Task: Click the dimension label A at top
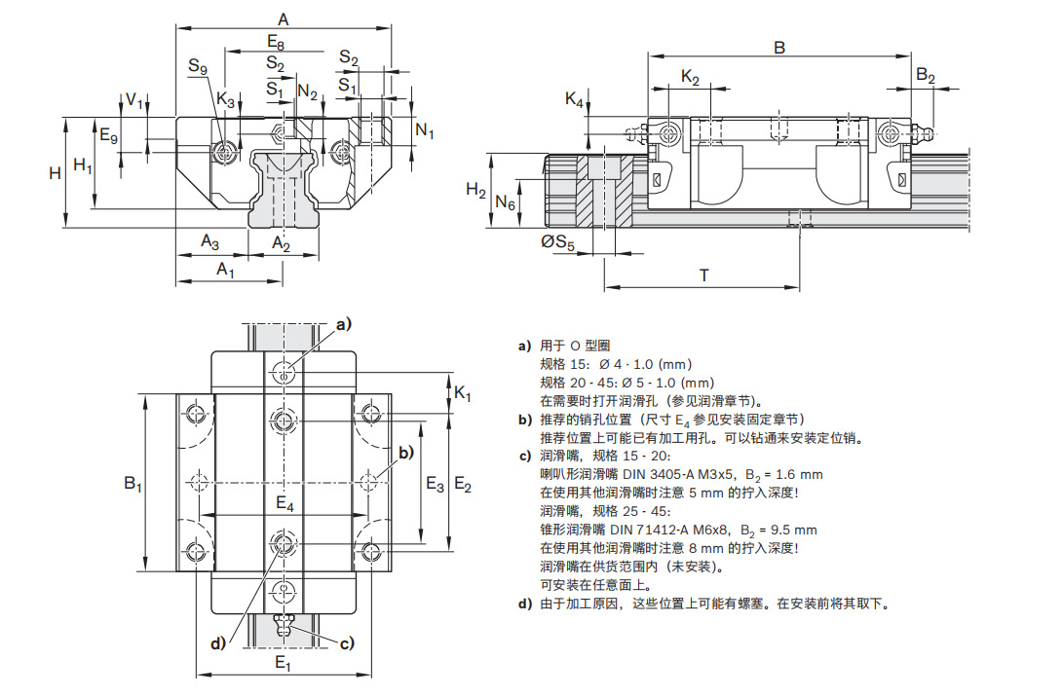pos(284,18)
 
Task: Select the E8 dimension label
pos(276,42)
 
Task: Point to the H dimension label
pos(56,172)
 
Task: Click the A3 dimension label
pos(210,240)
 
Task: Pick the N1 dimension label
pos(425,130)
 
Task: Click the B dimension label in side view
pos(778,47)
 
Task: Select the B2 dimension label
pos(926,76)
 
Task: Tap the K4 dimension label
pos(575,99)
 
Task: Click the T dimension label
pos(703,275)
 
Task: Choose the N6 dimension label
pos(505,202)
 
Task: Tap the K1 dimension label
pos(463,394)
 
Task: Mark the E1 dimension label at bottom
pos(283,664)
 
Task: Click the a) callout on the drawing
pos(343,324)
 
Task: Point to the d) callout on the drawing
pos(220,642)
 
